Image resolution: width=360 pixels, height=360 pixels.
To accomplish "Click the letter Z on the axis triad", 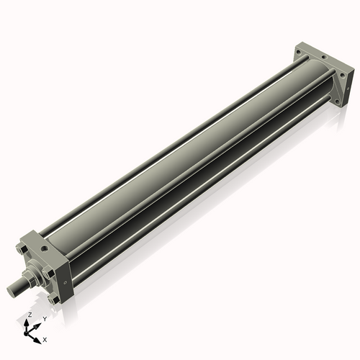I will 30,315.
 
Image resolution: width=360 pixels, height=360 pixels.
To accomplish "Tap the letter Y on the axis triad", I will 45,318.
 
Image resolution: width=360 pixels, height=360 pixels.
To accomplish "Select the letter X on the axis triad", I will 45,338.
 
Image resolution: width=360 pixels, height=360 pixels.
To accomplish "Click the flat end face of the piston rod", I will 12,290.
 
